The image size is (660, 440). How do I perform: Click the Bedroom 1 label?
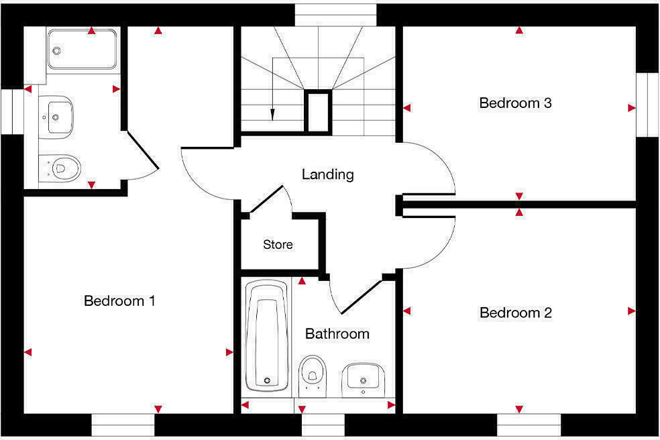pos(119,301)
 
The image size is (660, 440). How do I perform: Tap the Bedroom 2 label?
pos(515,313)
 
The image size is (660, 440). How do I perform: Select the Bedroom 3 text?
pos(515,103)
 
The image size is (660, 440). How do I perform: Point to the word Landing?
pos(327,175)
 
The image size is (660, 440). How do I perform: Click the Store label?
pos(278,245)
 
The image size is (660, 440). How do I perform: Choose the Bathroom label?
pos(337,334)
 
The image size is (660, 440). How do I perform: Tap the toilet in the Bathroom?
pos(312,373)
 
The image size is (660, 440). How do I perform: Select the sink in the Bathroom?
pos(364,379)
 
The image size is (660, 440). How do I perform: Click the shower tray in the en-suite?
pos(82,49)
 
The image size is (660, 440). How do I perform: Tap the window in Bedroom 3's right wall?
pos(648,105)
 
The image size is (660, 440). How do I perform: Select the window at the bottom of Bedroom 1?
pos(123,425)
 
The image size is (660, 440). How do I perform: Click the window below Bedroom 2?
pos(529,425)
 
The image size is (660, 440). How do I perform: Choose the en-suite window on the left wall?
pos(12,111)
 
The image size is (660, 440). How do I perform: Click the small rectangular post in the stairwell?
pos(318,111)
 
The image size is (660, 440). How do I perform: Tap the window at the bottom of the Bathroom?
pos(323,425)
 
